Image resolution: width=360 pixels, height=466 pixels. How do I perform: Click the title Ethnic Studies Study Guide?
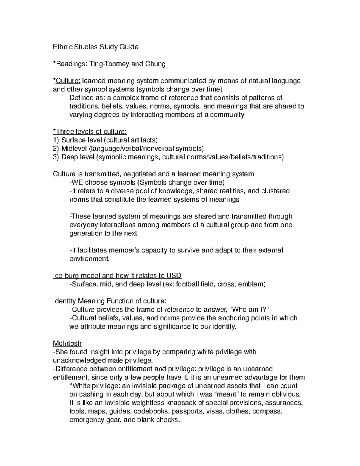pos(95,47)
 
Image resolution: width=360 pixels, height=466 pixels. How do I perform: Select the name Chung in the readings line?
pos(155,64)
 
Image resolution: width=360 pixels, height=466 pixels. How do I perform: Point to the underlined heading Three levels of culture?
pos(90,131)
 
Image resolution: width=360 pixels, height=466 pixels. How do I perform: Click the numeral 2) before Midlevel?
pos(56,149)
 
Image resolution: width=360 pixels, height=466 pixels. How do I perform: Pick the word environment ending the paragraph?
pos(89,259)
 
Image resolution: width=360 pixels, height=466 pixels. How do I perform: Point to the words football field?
pos(195,284)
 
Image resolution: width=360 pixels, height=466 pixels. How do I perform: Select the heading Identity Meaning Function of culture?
pos(109,301)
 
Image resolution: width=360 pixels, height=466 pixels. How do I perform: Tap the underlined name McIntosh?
pos(67,343)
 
